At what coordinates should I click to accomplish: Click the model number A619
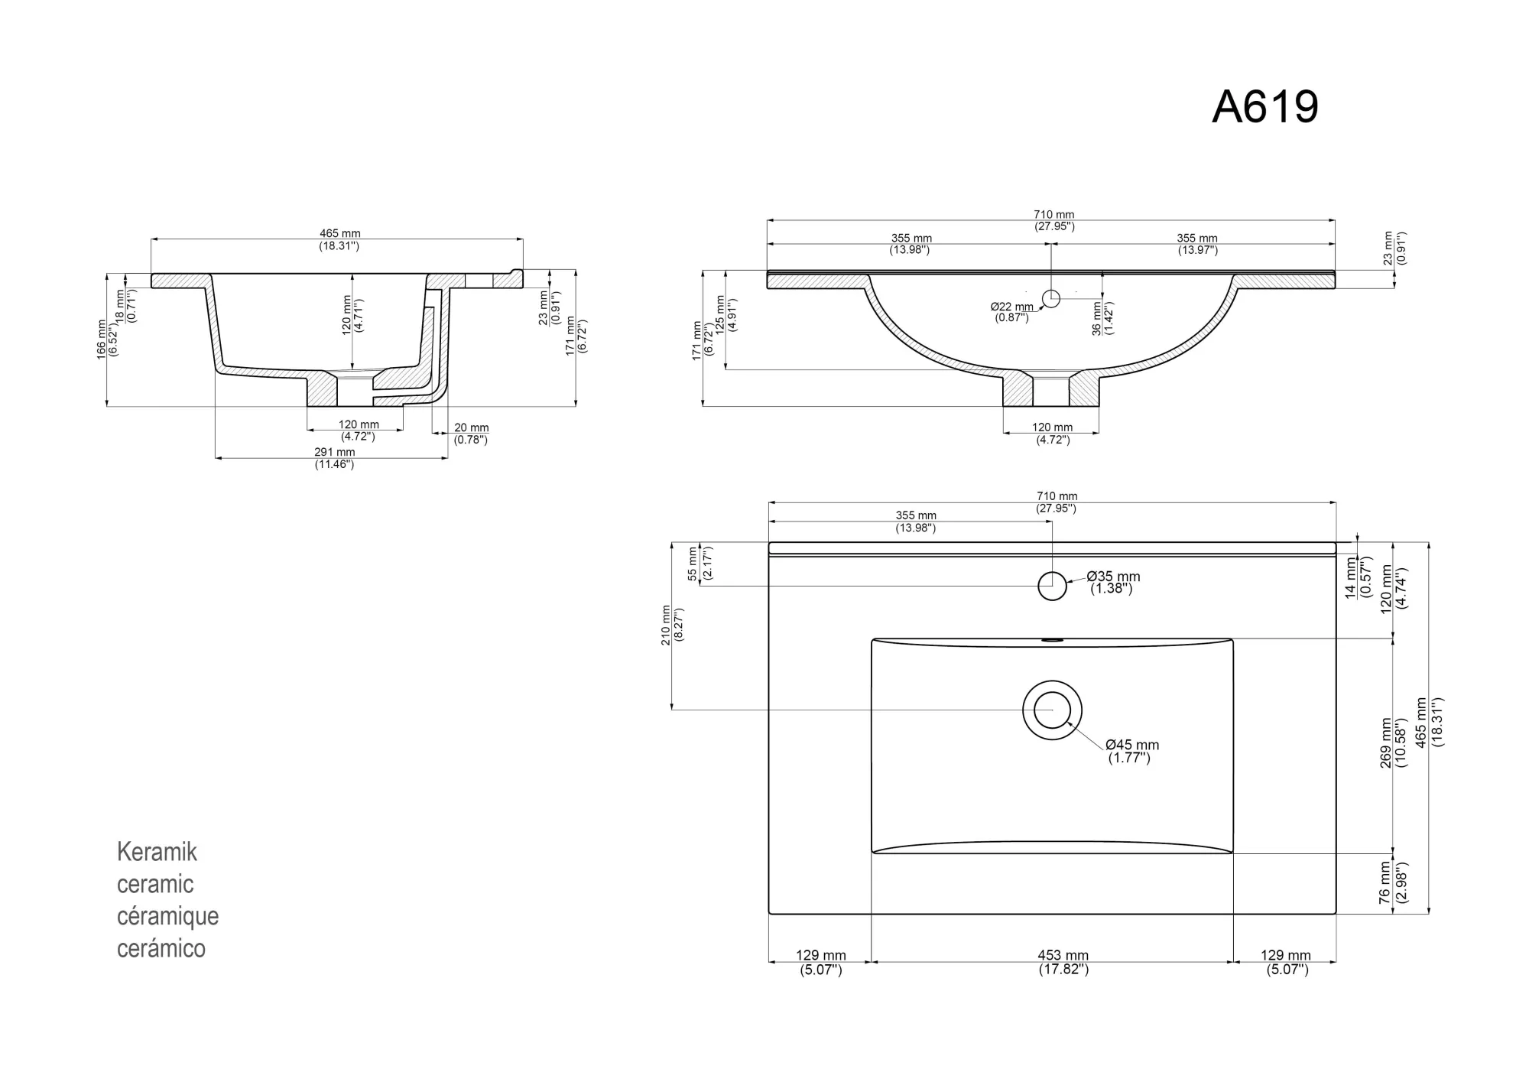[1265, 106]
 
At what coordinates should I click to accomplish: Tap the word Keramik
[157, 852]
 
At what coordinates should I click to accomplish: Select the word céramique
[167, 916]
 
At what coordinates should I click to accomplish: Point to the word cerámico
[161, 948]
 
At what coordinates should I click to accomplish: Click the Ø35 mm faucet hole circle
[1052, 586]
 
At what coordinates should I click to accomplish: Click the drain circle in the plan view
[1053, 710]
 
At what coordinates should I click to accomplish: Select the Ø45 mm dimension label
[1132, 745]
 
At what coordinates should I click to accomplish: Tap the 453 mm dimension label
[1063, 955]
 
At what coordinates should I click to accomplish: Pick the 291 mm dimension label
[334, 452]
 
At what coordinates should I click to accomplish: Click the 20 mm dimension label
[471, 428]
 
